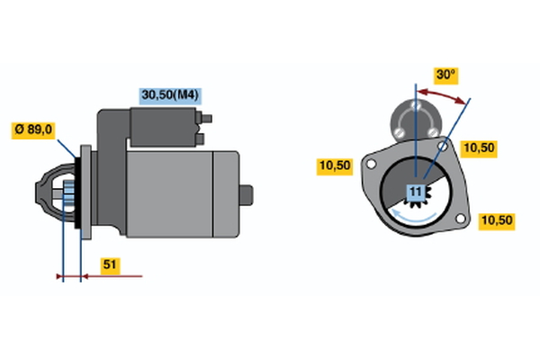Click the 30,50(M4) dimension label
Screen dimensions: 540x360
[x=170, y=95]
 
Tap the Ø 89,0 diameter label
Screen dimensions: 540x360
[x=33, y=130]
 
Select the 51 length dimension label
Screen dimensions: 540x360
[x=110, y=265]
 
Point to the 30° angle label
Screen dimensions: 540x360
[x=445, y=76]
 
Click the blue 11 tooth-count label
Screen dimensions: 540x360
[x=416, y=192]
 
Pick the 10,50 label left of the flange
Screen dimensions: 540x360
[x=335, y=166]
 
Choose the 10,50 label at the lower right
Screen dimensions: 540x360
[x=497, y=220]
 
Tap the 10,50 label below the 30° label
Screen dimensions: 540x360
[x=479, y=148]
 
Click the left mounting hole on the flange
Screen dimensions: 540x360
[x=371, y=165]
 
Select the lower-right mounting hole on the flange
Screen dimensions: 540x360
[x=461, y=219]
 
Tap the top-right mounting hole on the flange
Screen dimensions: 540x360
[x=444, y=146]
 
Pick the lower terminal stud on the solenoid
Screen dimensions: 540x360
[x=200, y=139]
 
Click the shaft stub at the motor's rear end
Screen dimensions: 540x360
[x=247, y=195]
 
